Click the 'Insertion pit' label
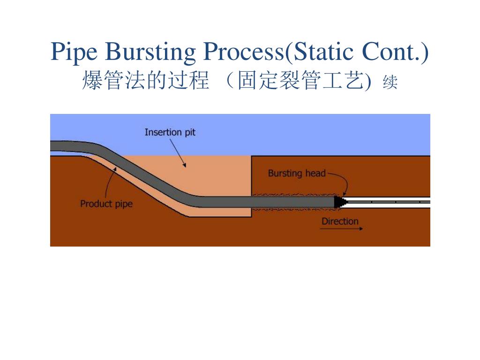[x=170, y=132]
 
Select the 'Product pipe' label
[x=106, y=204]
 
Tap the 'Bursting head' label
[x=296, y=173]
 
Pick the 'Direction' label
[x=340, y=221]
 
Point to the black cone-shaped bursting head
[x=340, y=202]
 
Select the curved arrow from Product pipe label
[x=109, y=183]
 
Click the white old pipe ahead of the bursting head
[x=389, y=202]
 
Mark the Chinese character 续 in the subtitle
[x=390, y=83]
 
